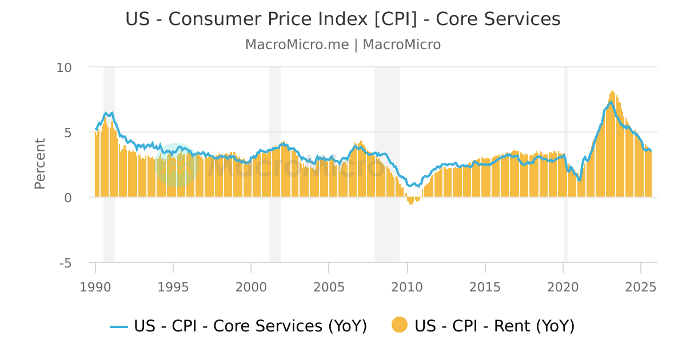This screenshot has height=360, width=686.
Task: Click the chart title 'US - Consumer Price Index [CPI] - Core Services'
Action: click(343, 19)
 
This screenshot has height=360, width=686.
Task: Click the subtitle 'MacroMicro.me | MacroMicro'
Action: click(343, 45)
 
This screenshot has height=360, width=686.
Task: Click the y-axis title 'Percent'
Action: click(39, 163)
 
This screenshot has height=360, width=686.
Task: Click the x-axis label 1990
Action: click(95, 286)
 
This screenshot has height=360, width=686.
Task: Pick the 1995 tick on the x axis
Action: click(173, 286)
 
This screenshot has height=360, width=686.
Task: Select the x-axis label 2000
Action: click(251, 286)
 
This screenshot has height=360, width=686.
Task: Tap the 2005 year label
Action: click(329, 286)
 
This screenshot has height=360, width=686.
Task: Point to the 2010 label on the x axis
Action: click(407, 286)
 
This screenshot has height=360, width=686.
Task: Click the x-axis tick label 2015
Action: click(485, 286)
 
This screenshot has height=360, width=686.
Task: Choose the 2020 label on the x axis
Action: click(563, 286)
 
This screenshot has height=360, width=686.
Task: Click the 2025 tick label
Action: click(641, 286)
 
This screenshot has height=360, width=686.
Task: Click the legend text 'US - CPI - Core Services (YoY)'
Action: click(250, 326)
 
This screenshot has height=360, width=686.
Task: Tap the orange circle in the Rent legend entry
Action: click(400, 325)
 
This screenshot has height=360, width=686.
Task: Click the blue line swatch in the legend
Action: click(119, 326)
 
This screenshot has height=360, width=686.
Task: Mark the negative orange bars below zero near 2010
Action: click(411, 201)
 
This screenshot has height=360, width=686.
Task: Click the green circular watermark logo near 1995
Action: click(177, 165)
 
